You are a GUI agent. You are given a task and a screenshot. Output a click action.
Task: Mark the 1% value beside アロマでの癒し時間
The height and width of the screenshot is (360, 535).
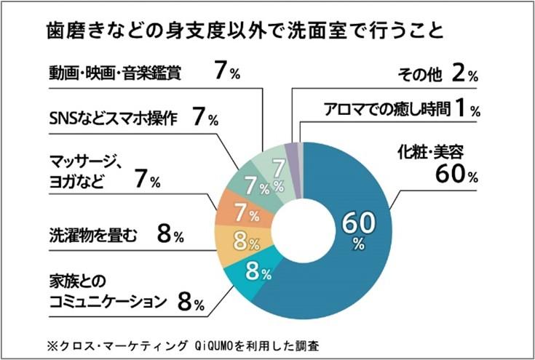(465, 111)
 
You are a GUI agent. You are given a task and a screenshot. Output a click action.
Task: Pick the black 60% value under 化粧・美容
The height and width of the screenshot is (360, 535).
(456, 175)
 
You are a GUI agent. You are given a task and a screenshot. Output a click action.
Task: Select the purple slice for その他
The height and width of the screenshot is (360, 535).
(291, 150)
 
